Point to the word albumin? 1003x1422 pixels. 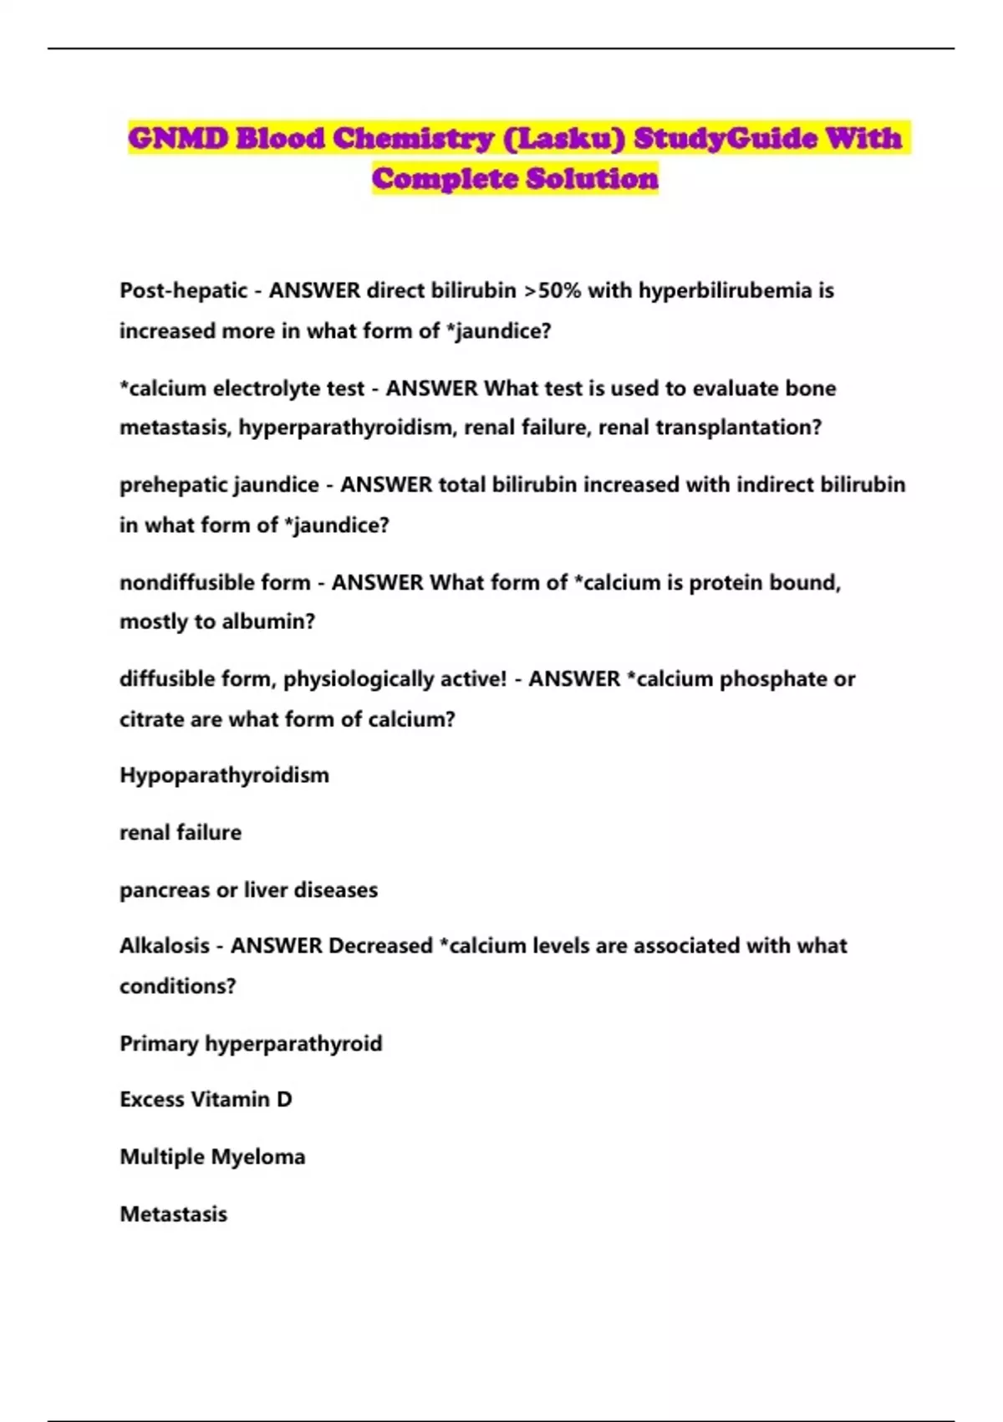click(x=268, y=621)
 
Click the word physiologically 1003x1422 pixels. click(x=368, y=678)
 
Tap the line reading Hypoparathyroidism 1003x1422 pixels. click(x=224, y=775)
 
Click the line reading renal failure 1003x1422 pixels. click(x=181, y=832)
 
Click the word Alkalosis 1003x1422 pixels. click(x=165, y=946)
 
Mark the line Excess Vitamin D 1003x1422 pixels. click(x=206, y=1099)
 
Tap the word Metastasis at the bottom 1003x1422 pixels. click(x=173, y=1214)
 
